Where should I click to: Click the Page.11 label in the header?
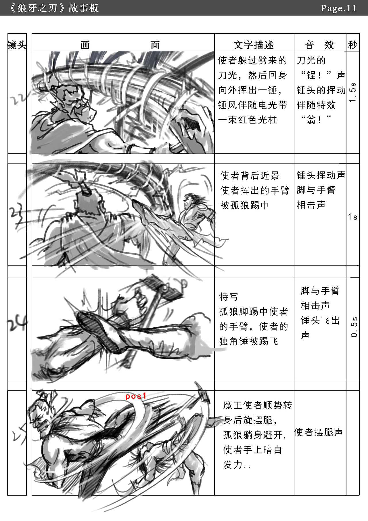click(x=339, y=8)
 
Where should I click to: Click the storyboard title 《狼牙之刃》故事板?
click(x=54, y=8)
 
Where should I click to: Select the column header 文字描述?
click(x=254, y=45)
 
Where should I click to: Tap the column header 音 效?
click(x=319, y=45)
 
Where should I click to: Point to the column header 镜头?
click(x=17, y=45)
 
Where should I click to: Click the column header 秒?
click(x=352, y=45)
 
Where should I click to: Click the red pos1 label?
click(x=136, y=396)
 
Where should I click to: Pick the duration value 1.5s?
click(x=353, y=92)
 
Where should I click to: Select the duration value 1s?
click(x=352, y=217)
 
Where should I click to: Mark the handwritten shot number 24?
click(x=17, y=324)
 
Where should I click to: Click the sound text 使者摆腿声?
click(x=319, y=432)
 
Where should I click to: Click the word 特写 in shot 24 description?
click(x=229, y=297)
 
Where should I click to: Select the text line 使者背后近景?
click(x=250, y=175)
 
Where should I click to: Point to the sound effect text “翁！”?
click(x=316, y=119)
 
